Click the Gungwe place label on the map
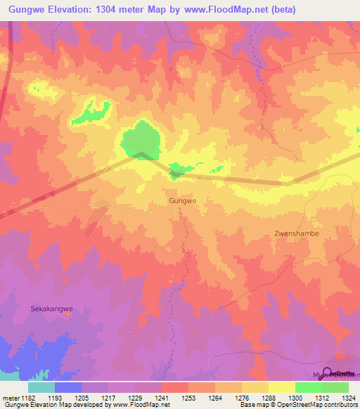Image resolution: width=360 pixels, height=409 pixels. click(182, 200)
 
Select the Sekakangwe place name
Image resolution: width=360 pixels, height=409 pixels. click(52, 308)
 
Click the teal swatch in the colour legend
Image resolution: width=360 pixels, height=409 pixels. click(41, 387)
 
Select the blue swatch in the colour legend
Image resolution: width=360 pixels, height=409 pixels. click(67, 387)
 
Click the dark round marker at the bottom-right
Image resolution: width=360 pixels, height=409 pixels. click(328, 373)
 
